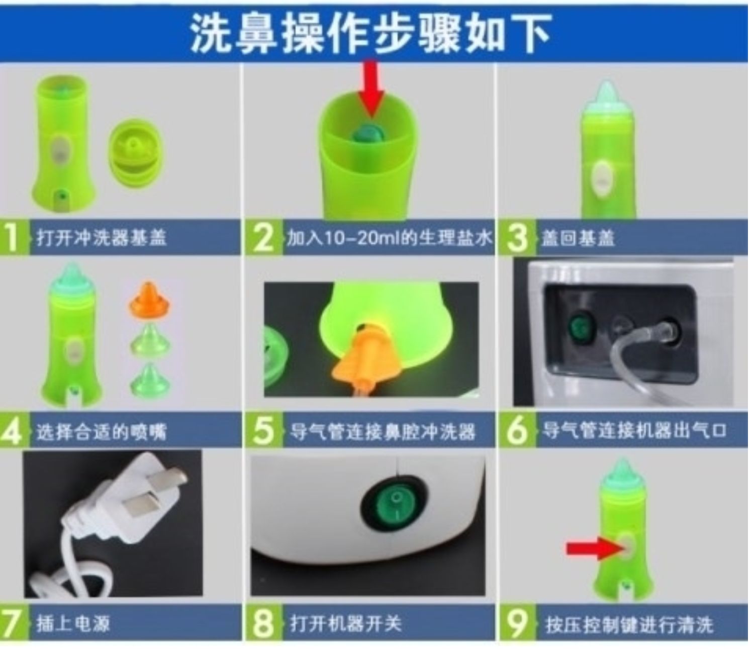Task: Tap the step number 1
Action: [x=12, y=238]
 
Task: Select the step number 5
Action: [x=263, y=431]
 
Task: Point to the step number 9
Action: [x=517, y=623]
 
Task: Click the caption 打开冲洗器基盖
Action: [x=102, y=238]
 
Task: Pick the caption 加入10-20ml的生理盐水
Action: [x=390, y=238]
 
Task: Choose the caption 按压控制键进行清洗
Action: [x=629, y=624]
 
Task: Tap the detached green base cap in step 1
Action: [x=135, y=150]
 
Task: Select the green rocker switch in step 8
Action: [x=394, y=505]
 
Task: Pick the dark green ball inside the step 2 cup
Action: [x=368, y=133]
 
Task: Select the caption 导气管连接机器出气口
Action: [x=633, y=431]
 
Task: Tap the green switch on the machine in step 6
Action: [x=581, y=326]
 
